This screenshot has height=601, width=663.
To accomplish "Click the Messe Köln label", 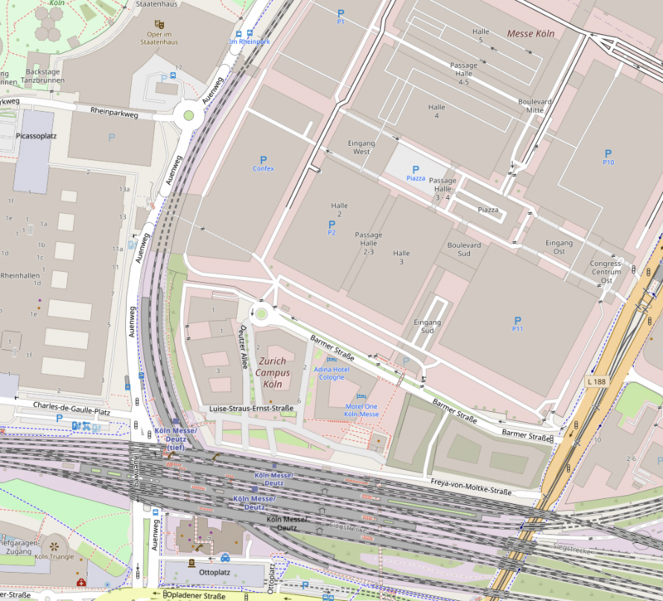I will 530,33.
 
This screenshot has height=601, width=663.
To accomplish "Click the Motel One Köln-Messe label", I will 361,410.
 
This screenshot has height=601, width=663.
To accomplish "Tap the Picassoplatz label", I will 36,134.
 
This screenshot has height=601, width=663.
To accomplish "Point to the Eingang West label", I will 362,148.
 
